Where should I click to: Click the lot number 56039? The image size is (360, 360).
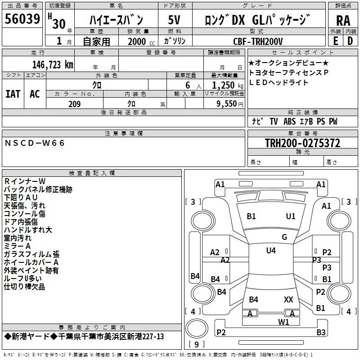tap(22, 18)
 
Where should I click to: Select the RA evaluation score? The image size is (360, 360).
tap(343, 21)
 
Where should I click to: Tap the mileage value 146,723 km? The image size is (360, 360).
tap(53, 65)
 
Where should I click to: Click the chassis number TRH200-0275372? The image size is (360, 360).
tap(302, 143)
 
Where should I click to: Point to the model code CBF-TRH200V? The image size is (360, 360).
tap(258, 41)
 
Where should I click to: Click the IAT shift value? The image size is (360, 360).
tap(13, 94)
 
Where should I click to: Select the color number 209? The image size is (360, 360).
tap(74, 104)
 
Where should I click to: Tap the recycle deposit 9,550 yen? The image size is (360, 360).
tap(230, 104)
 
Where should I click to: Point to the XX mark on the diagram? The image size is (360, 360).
tap(288, 299)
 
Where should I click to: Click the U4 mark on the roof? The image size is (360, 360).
tap(271, 251)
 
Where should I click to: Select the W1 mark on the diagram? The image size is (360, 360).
tap(283, 322)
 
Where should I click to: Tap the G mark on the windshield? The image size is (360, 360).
tap(284, 237)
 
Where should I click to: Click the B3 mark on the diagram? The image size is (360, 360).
tap(321, 332)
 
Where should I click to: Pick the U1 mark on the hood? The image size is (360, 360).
tap(291, 216)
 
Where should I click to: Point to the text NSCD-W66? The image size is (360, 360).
tap(35, 143)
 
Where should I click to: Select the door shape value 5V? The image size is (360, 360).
tap(174, 20)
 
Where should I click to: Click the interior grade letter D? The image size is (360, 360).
tap(350, 41)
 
